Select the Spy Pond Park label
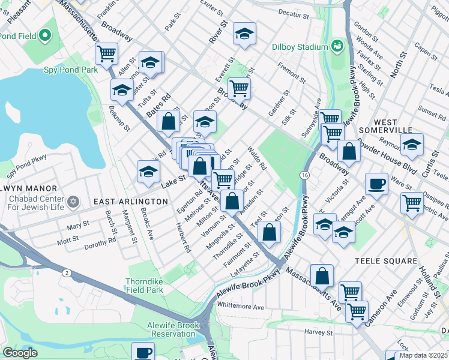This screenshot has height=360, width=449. (x=71, y=70)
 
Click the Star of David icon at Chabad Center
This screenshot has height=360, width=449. (x=73, y=201)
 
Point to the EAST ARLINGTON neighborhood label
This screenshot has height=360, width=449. (x=131, y=202)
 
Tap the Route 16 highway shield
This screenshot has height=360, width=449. (x=306, y=174)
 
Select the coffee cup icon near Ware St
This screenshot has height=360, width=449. (x=376, y=184)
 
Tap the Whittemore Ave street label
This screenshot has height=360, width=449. (x=241, y=306)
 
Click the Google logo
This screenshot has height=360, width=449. (x=19, y=353)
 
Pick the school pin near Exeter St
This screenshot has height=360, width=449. (x=244, y=35)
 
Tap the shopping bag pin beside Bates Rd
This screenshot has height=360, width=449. (x=169, y=120)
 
